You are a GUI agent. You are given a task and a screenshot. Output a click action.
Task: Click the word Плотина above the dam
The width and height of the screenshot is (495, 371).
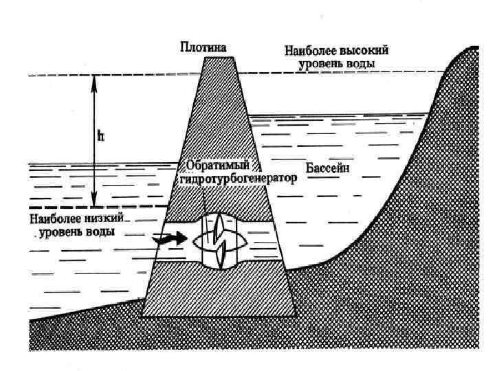tap(203, 47)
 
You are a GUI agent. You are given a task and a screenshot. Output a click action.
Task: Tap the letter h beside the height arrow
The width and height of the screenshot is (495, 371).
tap(100, 136)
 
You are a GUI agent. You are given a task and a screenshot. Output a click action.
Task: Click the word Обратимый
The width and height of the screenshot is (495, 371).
tap(219, 167)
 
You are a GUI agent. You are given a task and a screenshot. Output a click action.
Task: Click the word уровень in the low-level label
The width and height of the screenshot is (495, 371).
tap(63, 232)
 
